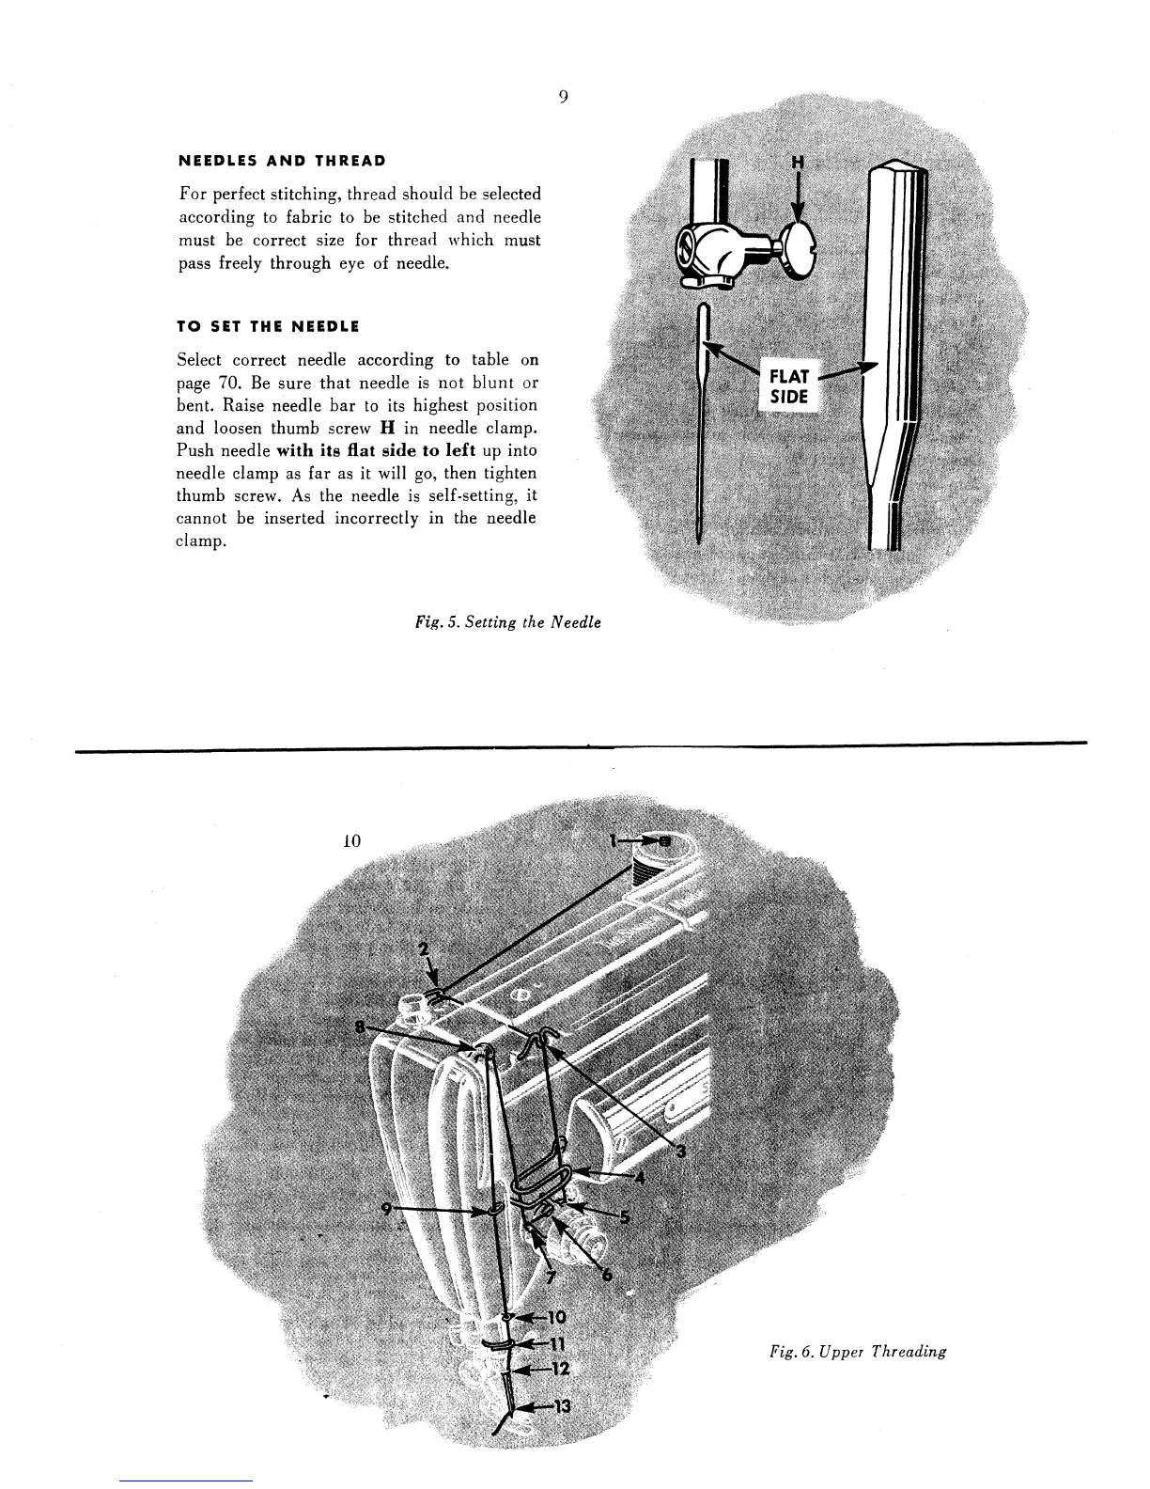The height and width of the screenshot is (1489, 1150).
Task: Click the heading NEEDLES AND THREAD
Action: [281, 160]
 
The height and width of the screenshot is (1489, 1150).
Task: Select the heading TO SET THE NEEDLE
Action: [268, 326]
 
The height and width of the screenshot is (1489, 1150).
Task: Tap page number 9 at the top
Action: [561, 97]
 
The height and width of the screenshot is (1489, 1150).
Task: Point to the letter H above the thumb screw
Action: [798, 162]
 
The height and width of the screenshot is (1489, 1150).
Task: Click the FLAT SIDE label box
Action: [789, 385]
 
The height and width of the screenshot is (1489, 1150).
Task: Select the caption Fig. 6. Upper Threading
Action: [856, 1352]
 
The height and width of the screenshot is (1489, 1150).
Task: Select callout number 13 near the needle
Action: [560, 1406]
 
